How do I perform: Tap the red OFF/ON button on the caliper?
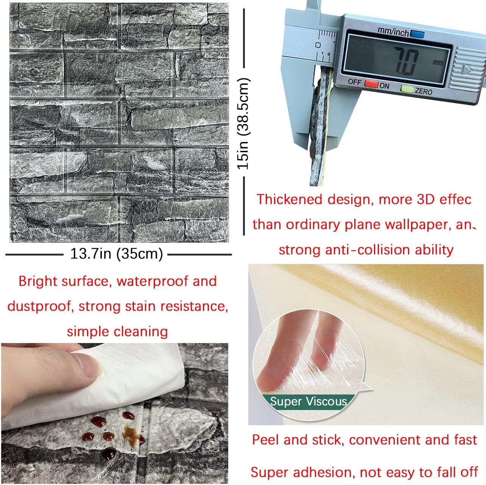(371, 84)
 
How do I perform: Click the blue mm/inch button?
(417, 34)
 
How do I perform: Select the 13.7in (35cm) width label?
(117, 254)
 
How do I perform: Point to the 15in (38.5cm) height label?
(243, 124)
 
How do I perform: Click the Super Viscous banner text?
(308, 401)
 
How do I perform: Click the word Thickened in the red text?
(290, 200)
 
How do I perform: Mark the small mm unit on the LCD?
(438, 62)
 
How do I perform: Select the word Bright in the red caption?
(38, 281)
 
